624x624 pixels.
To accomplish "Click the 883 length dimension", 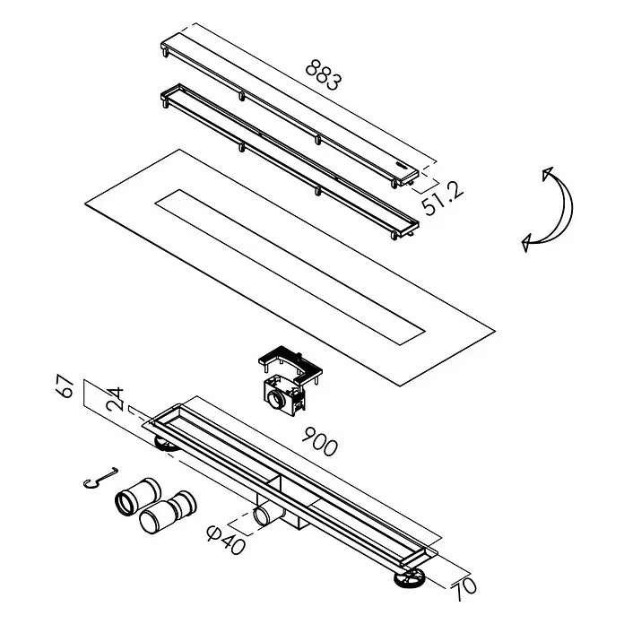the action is point(323,74).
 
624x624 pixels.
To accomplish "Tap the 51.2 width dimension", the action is point(443,200).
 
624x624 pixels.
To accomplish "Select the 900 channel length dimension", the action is point(319,441).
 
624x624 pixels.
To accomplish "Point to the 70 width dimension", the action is point(464,588).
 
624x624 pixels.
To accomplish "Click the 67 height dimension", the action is point(65,386).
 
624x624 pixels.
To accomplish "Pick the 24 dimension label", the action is point(115,399).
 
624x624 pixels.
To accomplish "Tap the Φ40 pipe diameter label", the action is point(226,540).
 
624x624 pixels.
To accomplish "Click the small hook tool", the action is point(100,477).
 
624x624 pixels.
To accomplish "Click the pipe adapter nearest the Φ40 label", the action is point(168,513).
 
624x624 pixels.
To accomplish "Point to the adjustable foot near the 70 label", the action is point(410,578).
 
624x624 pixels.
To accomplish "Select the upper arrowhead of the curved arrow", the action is point(548,173).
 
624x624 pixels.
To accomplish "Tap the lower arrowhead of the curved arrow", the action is point(527,242).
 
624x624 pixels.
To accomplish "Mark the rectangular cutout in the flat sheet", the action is point(290,267).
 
